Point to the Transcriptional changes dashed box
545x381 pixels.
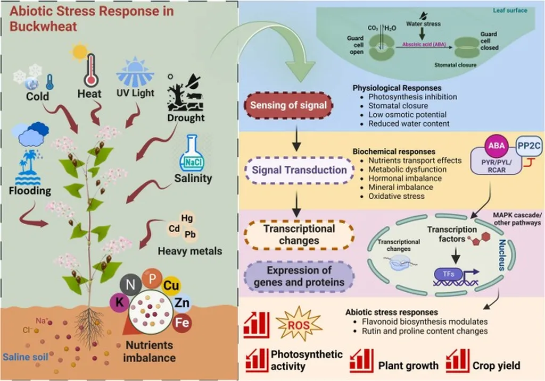pos(299,235)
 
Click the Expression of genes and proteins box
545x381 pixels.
pos(299,276)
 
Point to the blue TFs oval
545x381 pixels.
pos(449,273)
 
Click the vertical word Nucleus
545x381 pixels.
pos(502,255)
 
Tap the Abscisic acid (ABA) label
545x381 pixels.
pos(420,46)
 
